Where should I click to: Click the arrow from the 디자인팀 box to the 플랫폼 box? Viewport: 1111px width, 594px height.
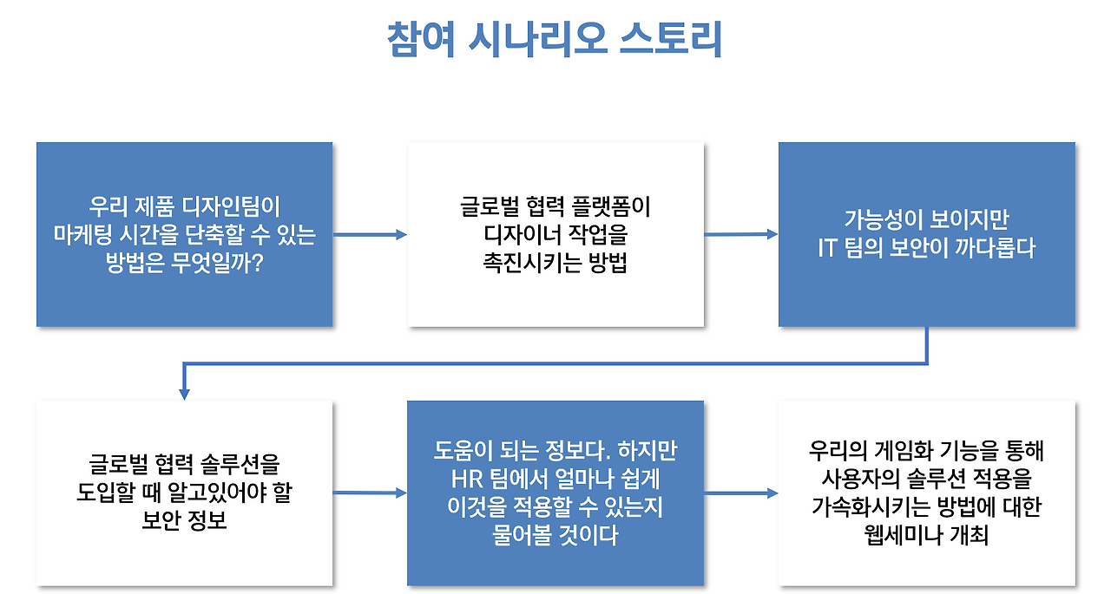[x=370, y=234]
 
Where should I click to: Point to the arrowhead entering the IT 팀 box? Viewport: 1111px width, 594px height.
[x=772, y=233]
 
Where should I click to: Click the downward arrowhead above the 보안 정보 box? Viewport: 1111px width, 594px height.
[x=184, y=392]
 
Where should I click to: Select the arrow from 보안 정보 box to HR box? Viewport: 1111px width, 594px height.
[x=369, y=493]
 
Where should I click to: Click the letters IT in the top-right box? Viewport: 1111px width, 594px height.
[x=827, y=247]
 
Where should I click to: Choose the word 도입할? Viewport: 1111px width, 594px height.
[x=108, y=493]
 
